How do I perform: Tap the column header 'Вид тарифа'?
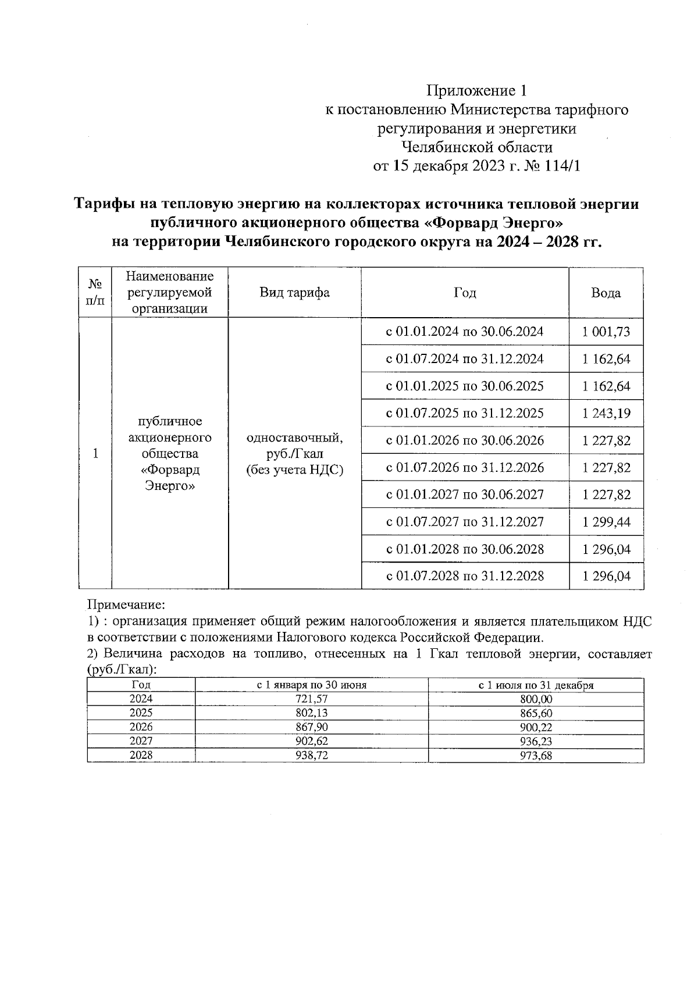pyautogui.click(x=294, y=293)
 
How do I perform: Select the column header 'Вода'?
pyautogui.click(x=606, y=293)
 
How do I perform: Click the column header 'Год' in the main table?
pyautogui.click(x=465, y=293)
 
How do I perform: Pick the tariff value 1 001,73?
pyautogui.click(x=606, y=332)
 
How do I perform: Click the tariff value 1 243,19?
pyautogui.click(x=606, y=413)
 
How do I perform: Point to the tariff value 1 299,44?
pyautogui.click(x=606, y=522)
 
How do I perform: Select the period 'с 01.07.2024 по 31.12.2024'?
pyautogui.click(x=465, y=359)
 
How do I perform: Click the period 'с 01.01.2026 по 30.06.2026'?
pyautogui.click(x=465, y=440)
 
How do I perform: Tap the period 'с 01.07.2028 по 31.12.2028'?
pyautogui.click(x=465, y=576)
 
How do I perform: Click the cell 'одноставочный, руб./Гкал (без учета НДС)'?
pyautogui.click(x=294, y=453)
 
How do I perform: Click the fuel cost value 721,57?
pyautogui.click(x=312, y=699)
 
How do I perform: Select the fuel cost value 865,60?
pyautogui.click(x=536, y=713)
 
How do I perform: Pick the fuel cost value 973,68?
pyautogui.click(x=536, y=756)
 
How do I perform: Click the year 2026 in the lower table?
pyautogui.click(x=141, y=727)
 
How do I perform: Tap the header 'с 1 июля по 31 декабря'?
pyautogui.click(x=536, y=685)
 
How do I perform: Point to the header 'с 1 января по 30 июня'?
pyautogui.click(x=312, y=685)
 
